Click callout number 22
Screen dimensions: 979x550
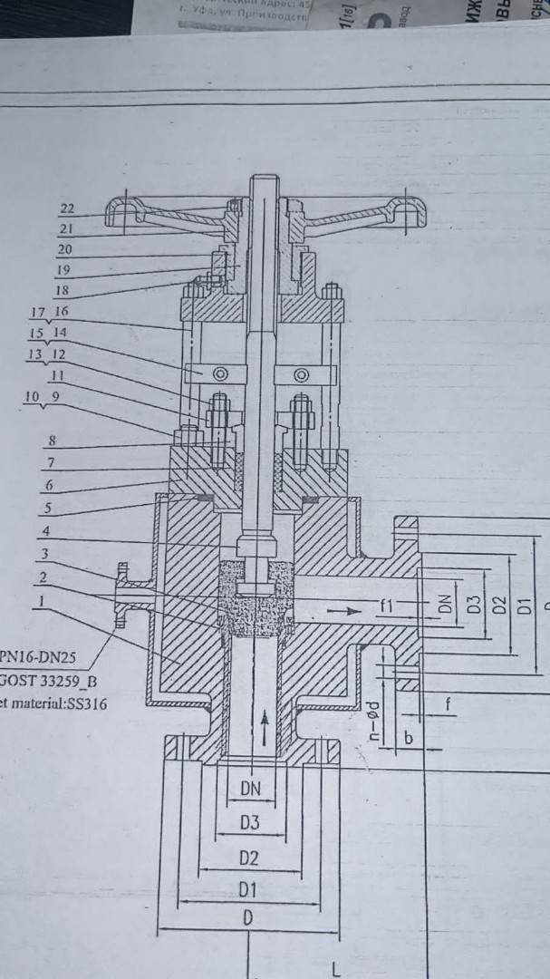coord(67,208)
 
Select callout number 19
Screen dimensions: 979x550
coord(64,269)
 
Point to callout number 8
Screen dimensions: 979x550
coord(53,441)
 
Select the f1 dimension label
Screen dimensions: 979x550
coord(386,606)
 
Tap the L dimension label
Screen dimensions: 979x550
coord(335,971)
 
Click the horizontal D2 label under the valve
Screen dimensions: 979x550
coord(249,858)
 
